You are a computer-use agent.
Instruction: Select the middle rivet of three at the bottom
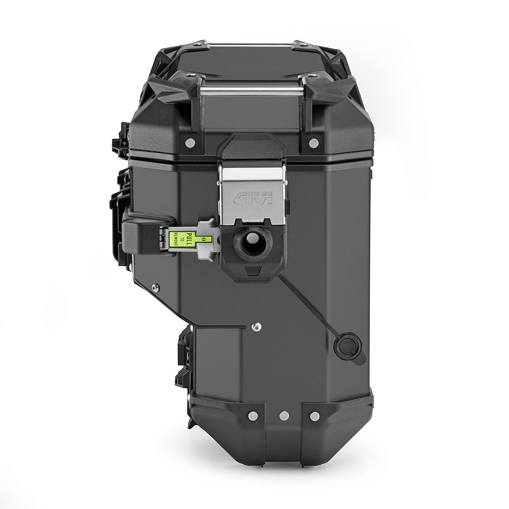point(284,416)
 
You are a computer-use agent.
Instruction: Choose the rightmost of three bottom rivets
point(315,416)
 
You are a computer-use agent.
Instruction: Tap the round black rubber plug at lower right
point(348,346)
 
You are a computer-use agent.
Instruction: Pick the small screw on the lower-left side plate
point(156,288)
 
